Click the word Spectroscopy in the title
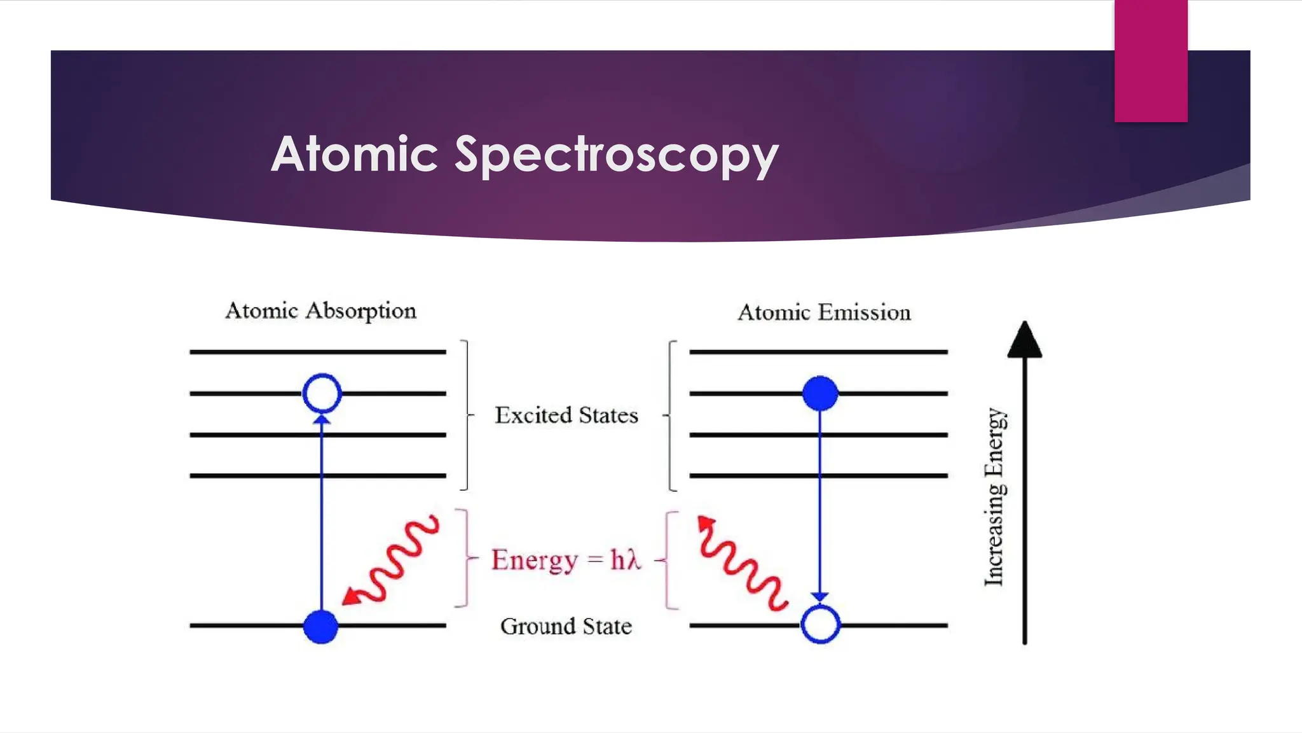616,155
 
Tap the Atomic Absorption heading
320,311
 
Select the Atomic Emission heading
824,312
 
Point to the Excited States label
566,415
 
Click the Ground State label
566,626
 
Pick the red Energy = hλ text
566,560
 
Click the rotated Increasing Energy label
994,496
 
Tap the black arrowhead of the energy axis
1024,340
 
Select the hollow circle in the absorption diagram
322,393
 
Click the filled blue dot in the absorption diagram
320,627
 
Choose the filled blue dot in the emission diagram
820,393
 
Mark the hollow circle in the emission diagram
820,625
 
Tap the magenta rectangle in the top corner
1151,61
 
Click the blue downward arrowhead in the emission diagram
820,597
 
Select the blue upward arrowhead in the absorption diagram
322,419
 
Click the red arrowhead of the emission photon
706,524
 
